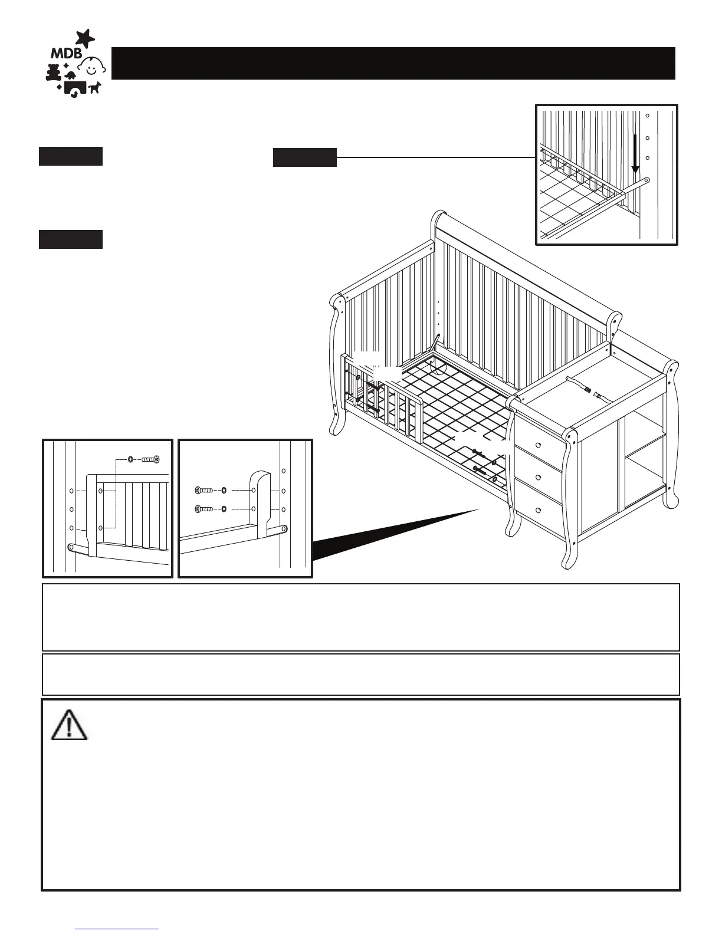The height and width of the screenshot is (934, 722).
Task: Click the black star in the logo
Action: [x=86, y=38]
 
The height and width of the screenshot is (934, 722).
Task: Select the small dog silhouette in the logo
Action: [x=94, y=87]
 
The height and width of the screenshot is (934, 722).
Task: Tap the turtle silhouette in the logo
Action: [x=70, y=75]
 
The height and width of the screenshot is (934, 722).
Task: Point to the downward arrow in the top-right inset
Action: [x=635, y=153]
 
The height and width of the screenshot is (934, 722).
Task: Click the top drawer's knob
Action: [x=537, y=444]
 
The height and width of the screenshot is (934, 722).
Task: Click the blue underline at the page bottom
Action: [x=118, y=929]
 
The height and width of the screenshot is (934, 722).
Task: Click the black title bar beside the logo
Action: [x=393, y=63]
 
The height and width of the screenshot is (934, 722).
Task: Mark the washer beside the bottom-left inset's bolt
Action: [x=130, y=458]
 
